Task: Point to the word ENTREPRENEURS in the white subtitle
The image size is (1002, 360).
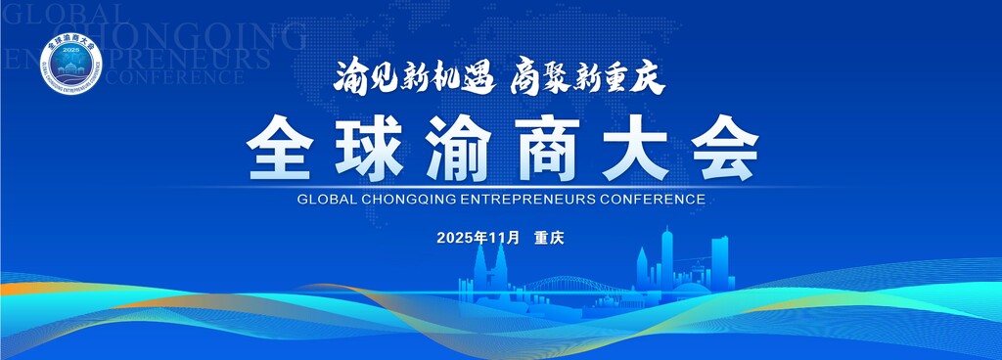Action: [x=528, y=199]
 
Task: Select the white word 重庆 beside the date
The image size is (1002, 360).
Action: [x=550, y=238]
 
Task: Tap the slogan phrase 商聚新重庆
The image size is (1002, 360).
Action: [x=587, y=77]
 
